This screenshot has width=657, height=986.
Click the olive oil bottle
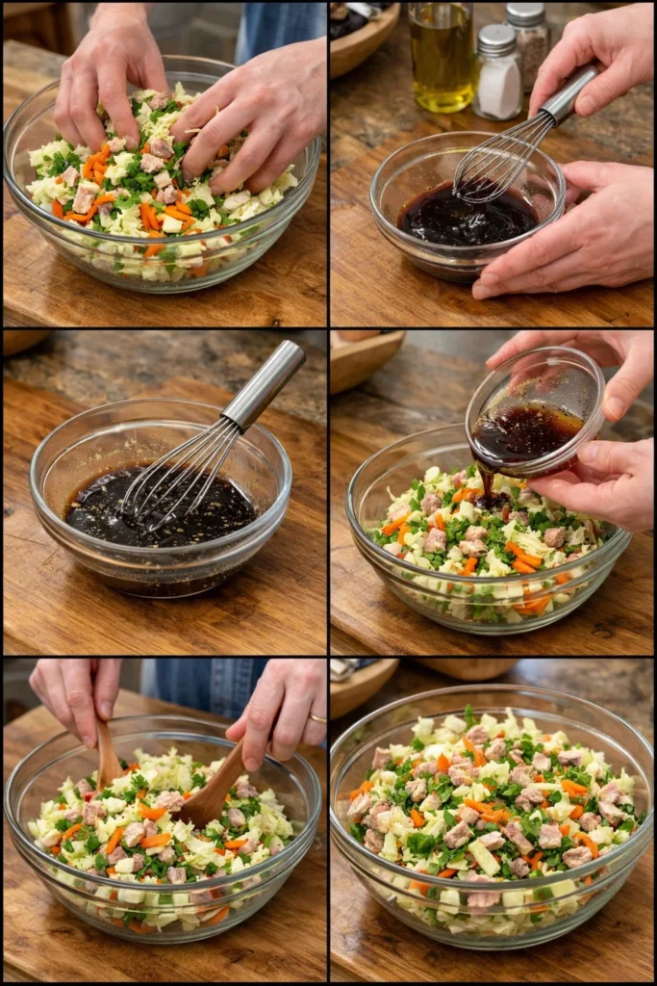pos(441,58)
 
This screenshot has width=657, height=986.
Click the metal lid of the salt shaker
pos(497,39)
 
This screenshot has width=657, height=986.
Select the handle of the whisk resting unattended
pos(265,384)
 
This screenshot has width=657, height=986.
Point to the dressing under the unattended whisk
pos(106,510)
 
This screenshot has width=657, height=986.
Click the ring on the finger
pos(316,717)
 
